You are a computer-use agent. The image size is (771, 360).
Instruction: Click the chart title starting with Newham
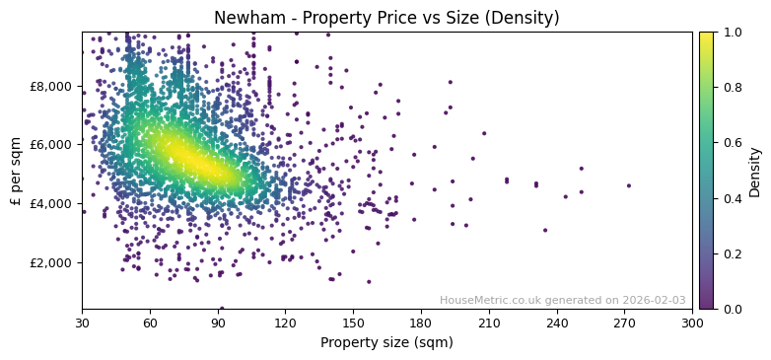386,18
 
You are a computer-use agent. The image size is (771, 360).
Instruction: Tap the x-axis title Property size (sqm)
386,343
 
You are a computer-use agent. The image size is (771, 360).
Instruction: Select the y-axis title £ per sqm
17,170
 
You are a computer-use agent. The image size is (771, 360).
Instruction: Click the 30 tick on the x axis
82,323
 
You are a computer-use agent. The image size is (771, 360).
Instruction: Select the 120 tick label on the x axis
285,323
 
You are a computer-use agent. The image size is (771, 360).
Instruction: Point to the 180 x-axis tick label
421,323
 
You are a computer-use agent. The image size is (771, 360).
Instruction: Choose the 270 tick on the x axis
624,323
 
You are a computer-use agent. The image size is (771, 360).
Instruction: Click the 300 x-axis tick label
692,323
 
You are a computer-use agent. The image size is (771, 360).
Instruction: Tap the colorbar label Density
755,171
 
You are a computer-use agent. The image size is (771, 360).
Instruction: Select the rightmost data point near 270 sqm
628,185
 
